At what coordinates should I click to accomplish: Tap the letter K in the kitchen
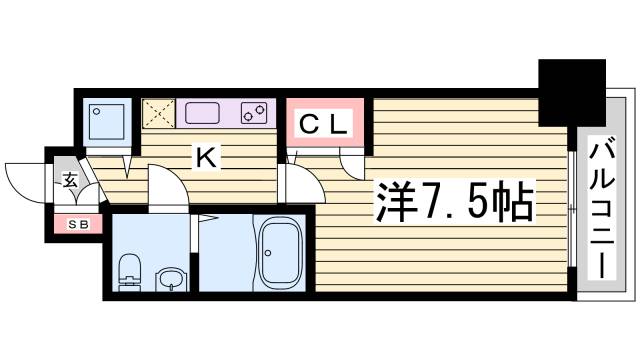(205, 157)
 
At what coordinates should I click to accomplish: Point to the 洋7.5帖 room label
(454, 203)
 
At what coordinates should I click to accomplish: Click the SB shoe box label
(78, 224)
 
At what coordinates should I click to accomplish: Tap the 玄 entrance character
(71, 181)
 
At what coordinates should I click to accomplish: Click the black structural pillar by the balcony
(572, 85)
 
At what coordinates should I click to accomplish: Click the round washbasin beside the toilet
(171, 278)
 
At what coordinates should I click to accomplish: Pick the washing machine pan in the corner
(104, 120)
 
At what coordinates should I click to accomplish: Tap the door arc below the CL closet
(352, 162)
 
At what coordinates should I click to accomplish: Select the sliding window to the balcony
(570, 209)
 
